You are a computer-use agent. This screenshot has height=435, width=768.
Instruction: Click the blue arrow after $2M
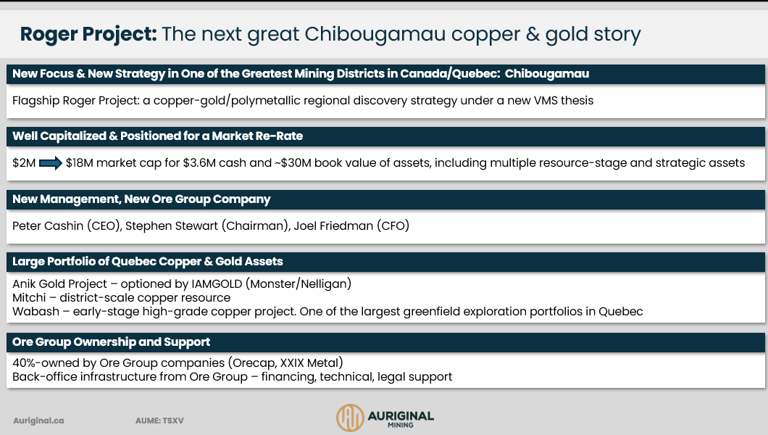tap(51, 162)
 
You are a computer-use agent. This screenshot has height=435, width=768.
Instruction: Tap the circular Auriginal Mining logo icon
tap(350, 418)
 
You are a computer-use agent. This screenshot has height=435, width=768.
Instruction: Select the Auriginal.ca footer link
tap(38, 420)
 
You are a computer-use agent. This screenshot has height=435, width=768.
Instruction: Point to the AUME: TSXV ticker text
tap(159, 420)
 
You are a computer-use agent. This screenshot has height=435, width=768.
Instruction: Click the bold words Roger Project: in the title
tap(88, 34)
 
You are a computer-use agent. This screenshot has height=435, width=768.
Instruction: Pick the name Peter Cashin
tap(48, 225)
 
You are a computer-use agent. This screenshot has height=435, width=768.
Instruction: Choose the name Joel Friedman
tap(333, 225)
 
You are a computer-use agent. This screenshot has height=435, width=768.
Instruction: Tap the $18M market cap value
tap(80, 162)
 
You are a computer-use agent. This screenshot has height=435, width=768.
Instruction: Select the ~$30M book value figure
tap(293, 162)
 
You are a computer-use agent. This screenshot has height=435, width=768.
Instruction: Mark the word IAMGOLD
tap(217, 283)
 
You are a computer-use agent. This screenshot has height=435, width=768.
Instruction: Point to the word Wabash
tap(36, 312)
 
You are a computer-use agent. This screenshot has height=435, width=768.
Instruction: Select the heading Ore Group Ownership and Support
tap(111, 342)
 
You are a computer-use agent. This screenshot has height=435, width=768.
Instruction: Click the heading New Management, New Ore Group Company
tap(141, 199)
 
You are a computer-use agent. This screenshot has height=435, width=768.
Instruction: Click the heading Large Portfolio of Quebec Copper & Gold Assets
tap(147, 262)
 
